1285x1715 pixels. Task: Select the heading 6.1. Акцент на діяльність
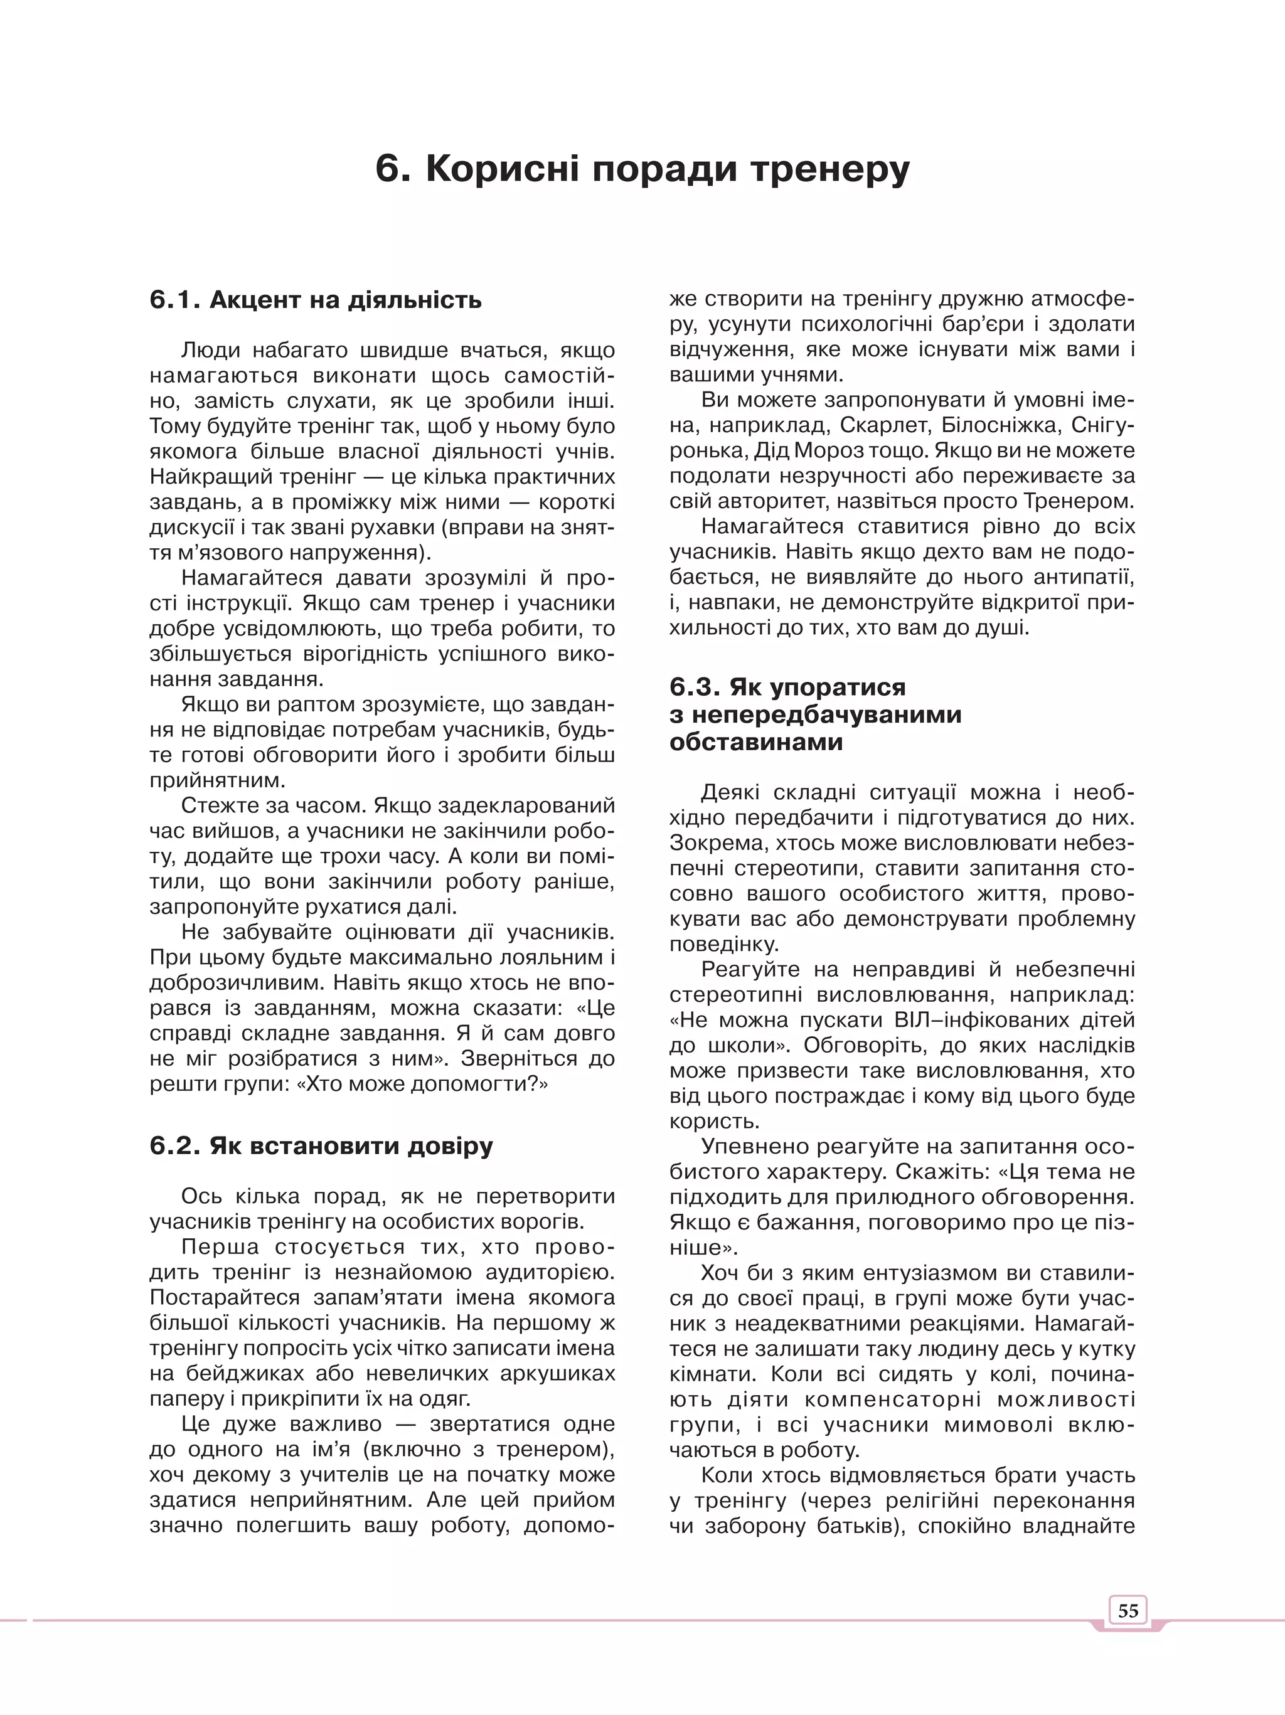click(x=316, y=299)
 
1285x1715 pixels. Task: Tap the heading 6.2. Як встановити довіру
click(x=321, y=1146)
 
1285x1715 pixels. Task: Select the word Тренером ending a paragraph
click(x=1075, y=501)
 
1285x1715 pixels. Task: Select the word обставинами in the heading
click(x=756, y=741)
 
